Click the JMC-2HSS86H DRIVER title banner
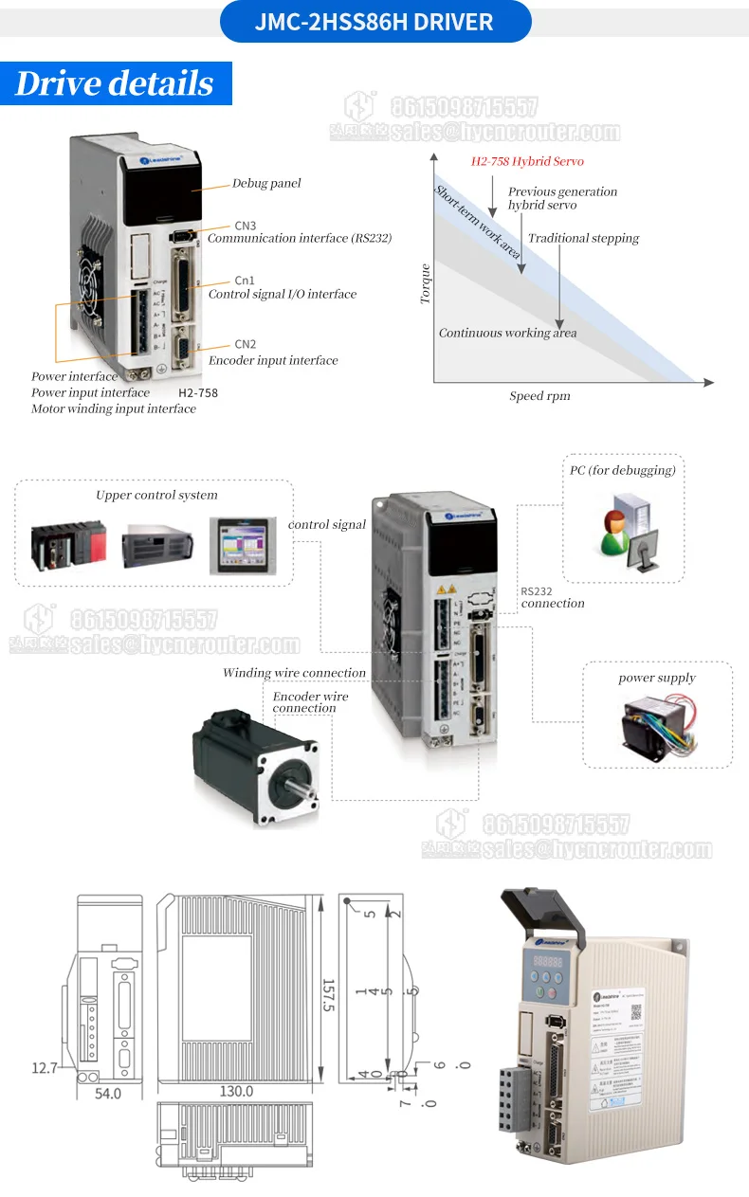(374, 22)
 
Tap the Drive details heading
(115, 83)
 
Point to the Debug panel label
(266, 183)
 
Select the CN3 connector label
(245, 226)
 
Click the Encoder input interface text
(273, 360)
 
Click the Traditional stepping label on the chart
(583, 239)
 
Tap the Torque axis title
(426, 283)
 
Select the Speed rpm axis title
(539, 396)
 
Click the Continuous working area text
(507, 333)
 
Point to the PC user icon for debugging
(625, 530)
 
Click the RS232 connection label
(552, 597)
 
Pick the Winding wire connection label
(294, 673)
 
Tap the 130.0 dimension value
(236, 1092)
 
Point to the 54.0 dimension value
(108, 1094)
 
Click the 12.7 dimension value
(45, 1068)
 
